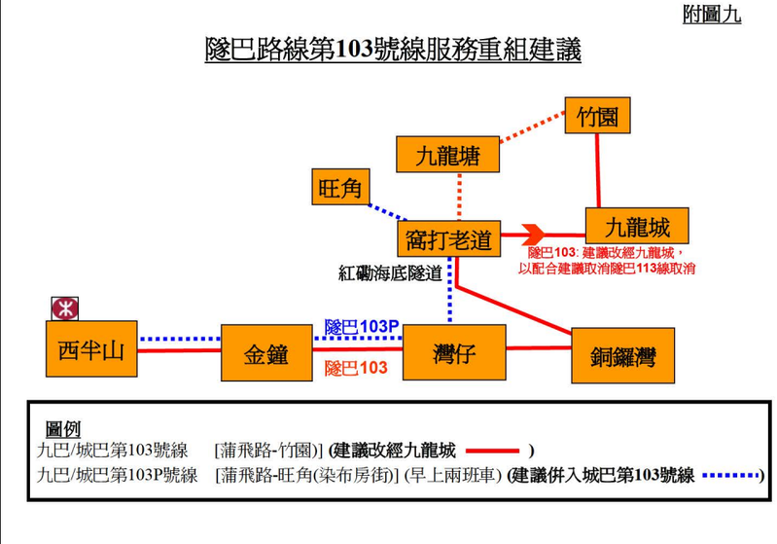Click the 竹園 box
point(598,116)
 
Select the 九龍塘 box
point(448,154)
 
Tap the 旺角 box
point(340,187)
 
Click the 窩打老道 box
point(449,239)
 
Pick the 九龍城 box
point(637,226)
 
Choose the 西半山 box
point(91,349)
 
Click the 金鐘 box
point(266,353)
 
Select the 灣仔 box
point(454,352)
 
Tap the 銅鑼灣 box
point(623,355)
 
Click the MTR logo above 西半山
point(65,308)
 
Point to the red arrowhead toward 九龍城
point(533,236)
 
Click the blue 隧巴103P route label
point(362,327)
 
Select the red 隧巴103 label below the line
point(356,368)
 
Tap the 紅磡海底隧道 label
point(390,272)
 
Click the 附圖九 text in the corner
point(712,14)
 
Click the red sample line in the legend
point(493,451)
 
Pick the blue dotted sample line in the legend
point(731,476)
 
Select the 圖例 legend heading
point(63,429)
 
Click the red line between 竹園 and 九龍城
point(598,170)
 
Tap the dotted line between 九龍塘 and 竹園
point(532,127)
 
